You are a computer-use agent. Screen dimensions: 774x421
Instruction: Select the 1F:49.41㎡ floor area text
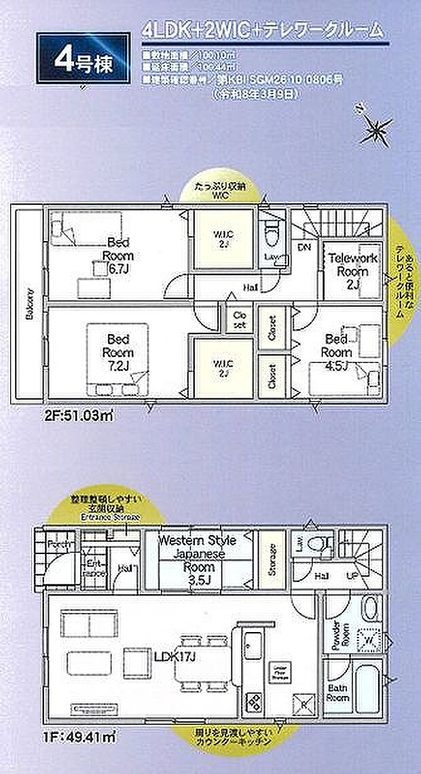[x=60, y=734]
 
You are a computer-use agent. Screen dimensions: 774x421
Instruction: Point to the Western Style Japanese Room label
[x=197, y=553]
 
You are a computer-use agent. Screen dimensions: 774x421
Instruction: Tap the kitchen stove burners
[x=253, y=699]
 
